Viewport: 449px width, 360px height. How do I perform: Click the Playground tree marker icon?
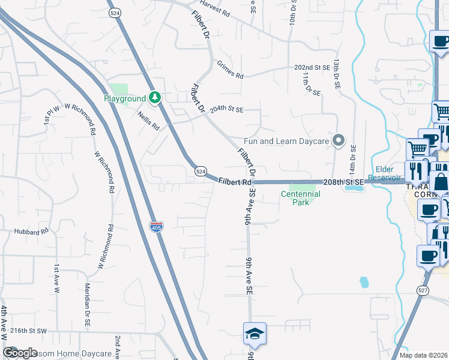pos(155,97)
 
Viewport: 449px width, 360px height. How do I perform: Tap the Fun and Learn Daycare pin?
pos(339,141)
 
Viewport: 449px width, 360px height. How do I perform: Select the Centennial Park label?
pos(301,198)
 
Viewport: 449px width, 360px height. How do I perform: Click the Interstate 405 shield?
pos(155,226)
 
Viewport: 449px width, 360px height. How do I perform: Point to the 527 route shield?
pos(423,290)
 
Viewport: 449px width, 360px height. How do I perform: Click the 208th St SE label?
pos(343,181)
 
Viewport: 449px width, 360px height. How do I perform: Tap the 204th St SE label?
pos(226,110)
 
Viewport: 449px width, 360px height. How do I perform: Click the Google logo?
pos(20,352)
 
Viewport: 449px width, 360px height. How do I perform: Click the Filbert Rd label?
pos(235,181)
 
